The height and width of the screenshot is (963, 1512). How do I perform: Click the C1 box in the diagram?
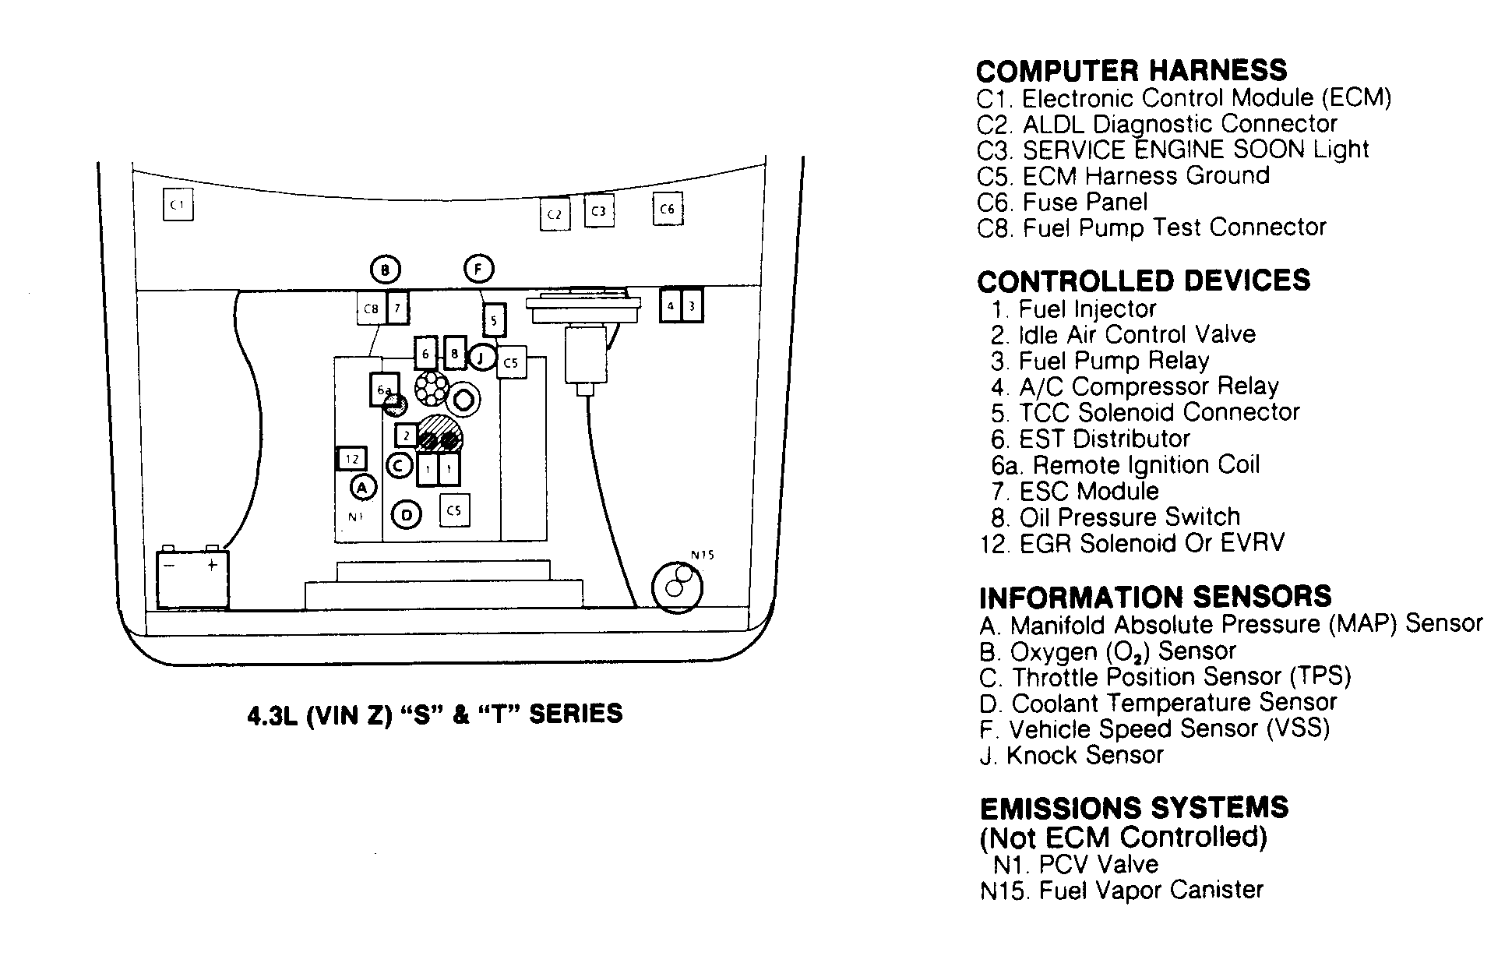coord(178,206)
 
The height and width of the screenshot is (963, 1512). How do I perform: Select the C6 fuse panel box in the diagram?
coord(668,209)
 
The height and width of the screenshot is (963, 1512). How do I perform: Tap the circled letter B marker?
coord(384,270)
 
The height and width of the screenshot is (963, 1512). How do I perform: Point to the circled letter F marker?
coord(478,270)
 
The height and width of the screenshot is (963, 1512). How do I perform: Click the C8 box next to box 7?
coord(371,309)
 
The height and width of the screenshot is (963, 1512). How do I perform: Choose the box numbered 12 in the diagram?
coord(351,459)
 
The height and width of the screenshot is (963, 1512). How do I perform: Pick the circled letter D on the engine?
coord(406,514)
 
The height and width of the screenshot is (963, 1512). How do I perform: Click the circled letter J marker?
coord(481,358)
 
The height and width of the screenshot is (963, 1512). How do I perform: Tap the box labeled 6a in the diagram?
coord(383,390)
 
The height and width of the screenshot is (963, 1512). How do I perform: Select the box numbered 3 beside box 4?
coord(692,306)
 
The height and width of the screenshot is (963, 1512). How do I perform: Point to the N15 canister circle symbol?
coord(676,586)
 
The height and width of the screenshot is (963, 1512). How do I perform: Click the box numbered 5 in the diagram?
coord(494,319)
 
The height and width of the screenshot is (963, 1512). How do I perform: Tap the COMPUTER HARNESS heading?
coord(1131,71)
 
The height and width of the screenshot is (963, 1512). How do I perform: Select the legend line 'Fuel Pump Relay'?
coord(1100,361)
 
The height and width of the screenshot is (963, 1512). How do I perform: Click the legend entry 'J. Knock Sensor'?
coord(1071,755)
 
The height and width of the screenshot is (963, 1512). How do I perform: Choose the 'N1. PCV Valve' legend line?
coord(1076,864)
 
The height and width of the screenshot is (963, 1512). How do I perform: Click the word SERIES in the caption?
coord(576,714)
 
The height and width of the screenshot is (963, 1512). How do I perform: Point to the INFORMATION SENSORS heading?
coord(1155,598)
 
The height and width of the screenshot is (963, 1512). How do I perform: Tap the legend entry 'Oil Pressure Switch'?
coord(1115,517)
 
